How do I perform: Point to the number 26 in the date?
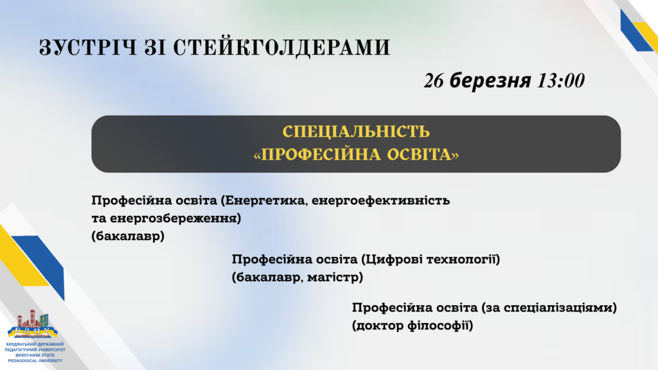click(434, 80)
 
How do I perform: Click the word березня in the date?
click(490, 80)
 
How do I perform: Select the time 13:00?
click(560, 80)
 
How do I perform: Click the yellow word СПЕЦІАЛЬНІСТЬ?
click(356, 132)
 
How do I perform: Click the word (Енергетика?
click(264, 201)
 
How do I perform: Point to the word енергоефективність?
click(380, 201)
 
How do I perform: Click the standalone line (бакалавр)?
click(128, 236)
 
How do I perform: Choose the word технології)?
click(463, 260)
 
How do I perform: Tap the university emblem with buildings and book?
click(33, 324)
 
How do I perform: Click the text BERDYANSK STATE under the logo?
click(35, 355)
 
